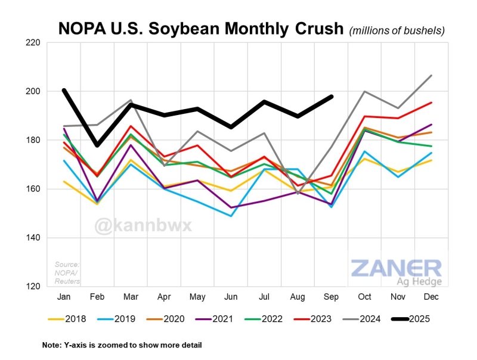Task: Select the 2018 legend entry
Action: point(67,319)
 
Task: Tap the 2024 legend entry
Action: point(361,319)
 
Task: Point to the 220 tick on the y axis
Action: point(32,43)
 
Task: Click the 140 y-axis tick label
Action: point(32,238)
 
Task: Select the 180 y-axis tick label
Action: point(32,140)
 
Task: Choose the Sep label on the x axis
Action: point(332,296)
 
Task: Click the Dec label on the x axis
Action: point(432,296)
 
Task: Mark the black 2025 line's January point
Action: point(64,91)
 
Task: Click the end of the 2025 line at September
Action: point(332,97)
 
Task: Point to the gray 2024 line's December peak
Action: point(432,76)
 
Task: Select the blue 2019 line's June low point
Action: point(231,216)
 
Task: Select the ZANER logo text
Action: point(396,268)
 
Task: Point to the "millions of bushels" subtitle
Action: point(397,29)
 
